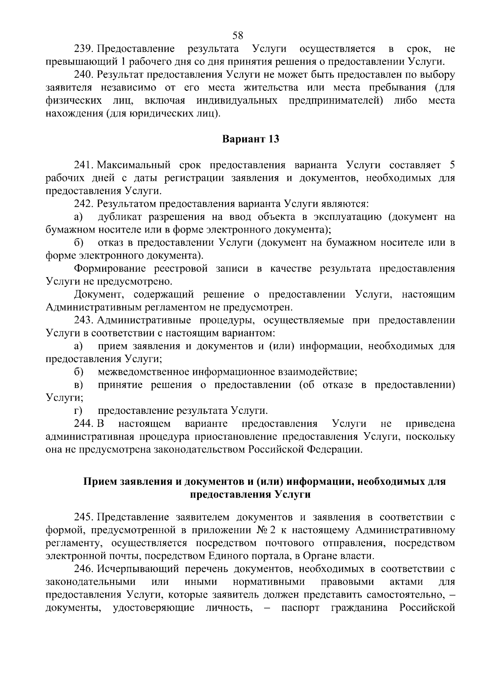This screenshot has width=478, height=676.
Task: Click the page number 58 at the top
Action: click(x=238, y=35)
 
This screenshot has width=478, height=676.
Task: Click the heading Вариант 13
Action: click(x=251, y=139)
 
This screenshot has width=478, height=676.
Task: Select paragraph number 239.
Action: click(x=84, y=49)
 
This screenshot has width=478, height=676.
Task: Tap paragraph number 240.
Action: click(x=84, y=74)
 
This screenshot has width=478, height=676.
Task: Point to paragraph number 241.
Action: click(x=84, y=165)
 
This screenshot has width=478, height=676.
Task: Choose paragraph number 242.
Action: click(x=84, y=204)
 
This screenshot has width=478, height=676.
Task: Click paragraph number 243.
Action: click(x=84, y=320)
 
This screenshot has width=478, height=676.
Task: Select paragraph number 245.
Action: click(x=84, y=517)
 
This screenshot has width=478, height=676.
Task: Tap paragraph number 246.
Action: click(x=84, y=568)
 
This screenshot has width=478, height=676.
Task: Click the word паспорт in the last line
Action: click(x=300, y=608)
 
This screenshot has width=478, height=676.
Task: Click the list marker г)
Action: click(x=78, y=411)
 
